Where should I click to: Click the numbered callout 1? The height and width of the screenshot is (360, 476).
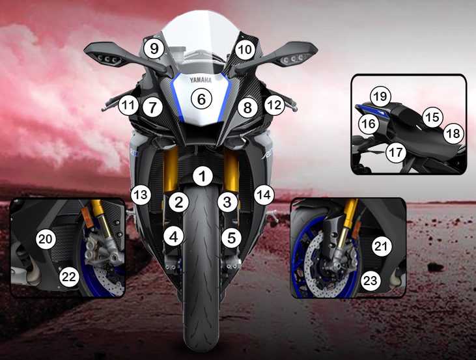coord(203,176)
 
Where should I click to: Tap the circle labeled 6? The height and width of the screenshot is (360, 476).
coord(202,99)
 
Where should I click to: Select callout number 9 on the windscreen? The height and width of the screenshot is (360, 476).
coord(154,49)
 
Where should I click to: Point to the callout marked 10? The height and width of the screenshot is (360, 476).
coord(245,49)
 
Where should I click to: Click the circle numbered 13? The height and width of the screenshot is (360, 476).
coord(141,195)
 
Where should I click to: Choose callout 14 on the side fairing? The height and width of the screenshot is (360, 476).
coord(264,195)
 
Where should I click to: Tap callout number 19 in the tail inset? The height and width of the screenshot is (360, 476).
coord(380,97)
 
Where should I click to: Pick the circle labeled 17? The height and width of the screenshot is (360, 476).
coord(396,152)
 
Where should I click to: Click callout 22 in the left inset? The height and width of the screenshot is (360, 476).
coord(69,277)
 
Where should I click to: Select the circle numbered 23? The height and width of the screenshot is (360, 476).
coord(371,281)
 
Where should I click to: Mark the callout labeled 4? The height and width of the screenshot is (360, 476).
coord(174,237)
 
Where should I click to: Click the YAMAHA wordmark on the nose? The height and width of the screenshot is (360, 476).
coord(201,80)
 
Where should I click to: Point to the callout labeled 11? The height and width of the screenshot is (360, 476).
coord(128,105)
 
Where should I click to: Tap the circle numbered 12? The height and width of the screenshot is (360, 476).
coord(274,105)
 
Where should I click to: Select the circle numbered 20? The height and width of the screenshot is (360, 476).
coord(46,239)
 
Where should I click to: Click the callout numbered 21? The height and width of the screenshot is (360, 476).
coord(382,246)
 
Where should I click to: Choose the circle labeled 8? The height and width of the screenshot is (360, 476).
coord(247,108)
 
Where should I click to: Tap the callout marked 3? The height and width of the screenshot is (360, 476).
coord(227,202)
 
